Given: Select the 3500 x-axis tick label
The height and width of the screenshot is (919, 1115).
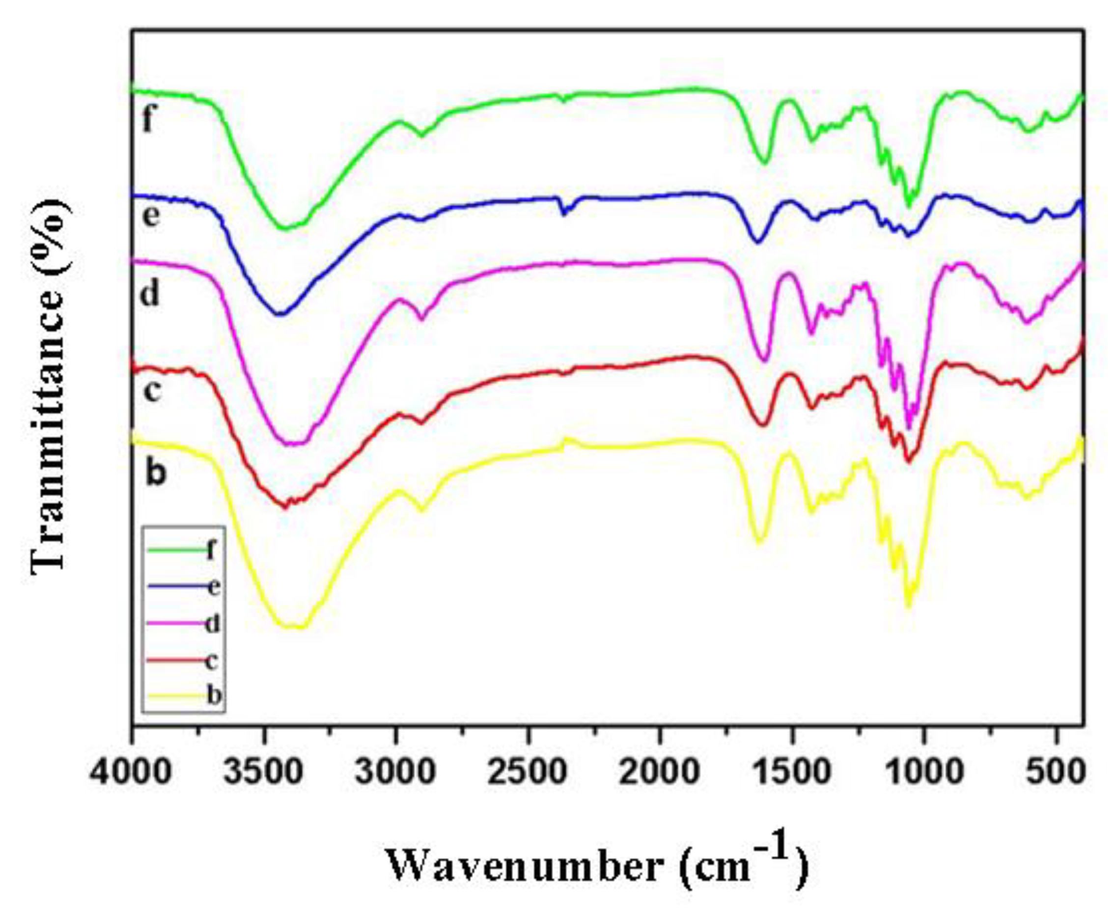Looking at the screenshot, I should (263, 772).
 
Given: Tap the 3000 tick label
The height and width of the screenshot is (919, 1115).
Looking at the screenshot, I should (395, 772).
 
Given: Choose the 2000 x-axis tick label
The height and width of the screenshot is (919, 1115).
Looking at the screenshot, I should (660, 772).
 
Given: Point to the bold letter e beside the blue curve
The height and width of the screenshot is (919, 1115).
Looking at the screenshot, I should (151, 216).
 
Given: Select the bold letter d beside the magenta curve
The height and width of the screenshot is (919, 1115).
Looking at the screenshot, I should (149, 294).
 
